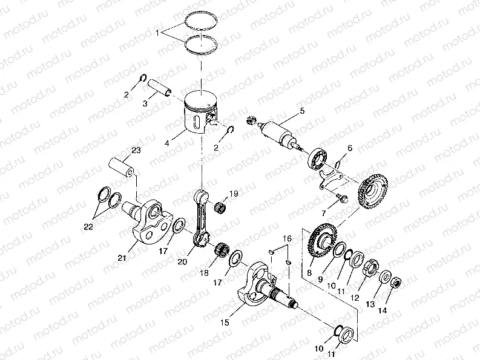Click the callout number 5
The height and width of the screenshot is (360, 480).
(x=302, y=111)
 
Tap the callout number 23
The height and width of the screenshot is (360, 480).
(x=136, y=150)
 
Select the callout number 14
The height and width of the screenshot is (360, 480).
(x=383, y=310)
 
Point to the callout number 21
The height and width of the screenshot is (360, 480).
(x=122, y=258)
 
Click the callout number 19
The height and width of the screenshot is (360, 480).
(x=234, y=194)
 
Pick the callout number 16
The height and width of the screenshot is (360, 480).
(x=287, y=238)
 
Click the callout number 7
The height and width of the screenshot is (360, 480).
(x=324, y=214)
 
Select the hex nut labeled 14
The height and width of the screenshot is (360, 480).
(x=396, y=283)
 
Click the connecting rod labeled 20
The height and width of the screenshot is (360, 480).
(x=202, y=217)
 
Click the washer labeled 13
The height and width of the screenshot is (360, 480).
(x=385, y=277)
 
